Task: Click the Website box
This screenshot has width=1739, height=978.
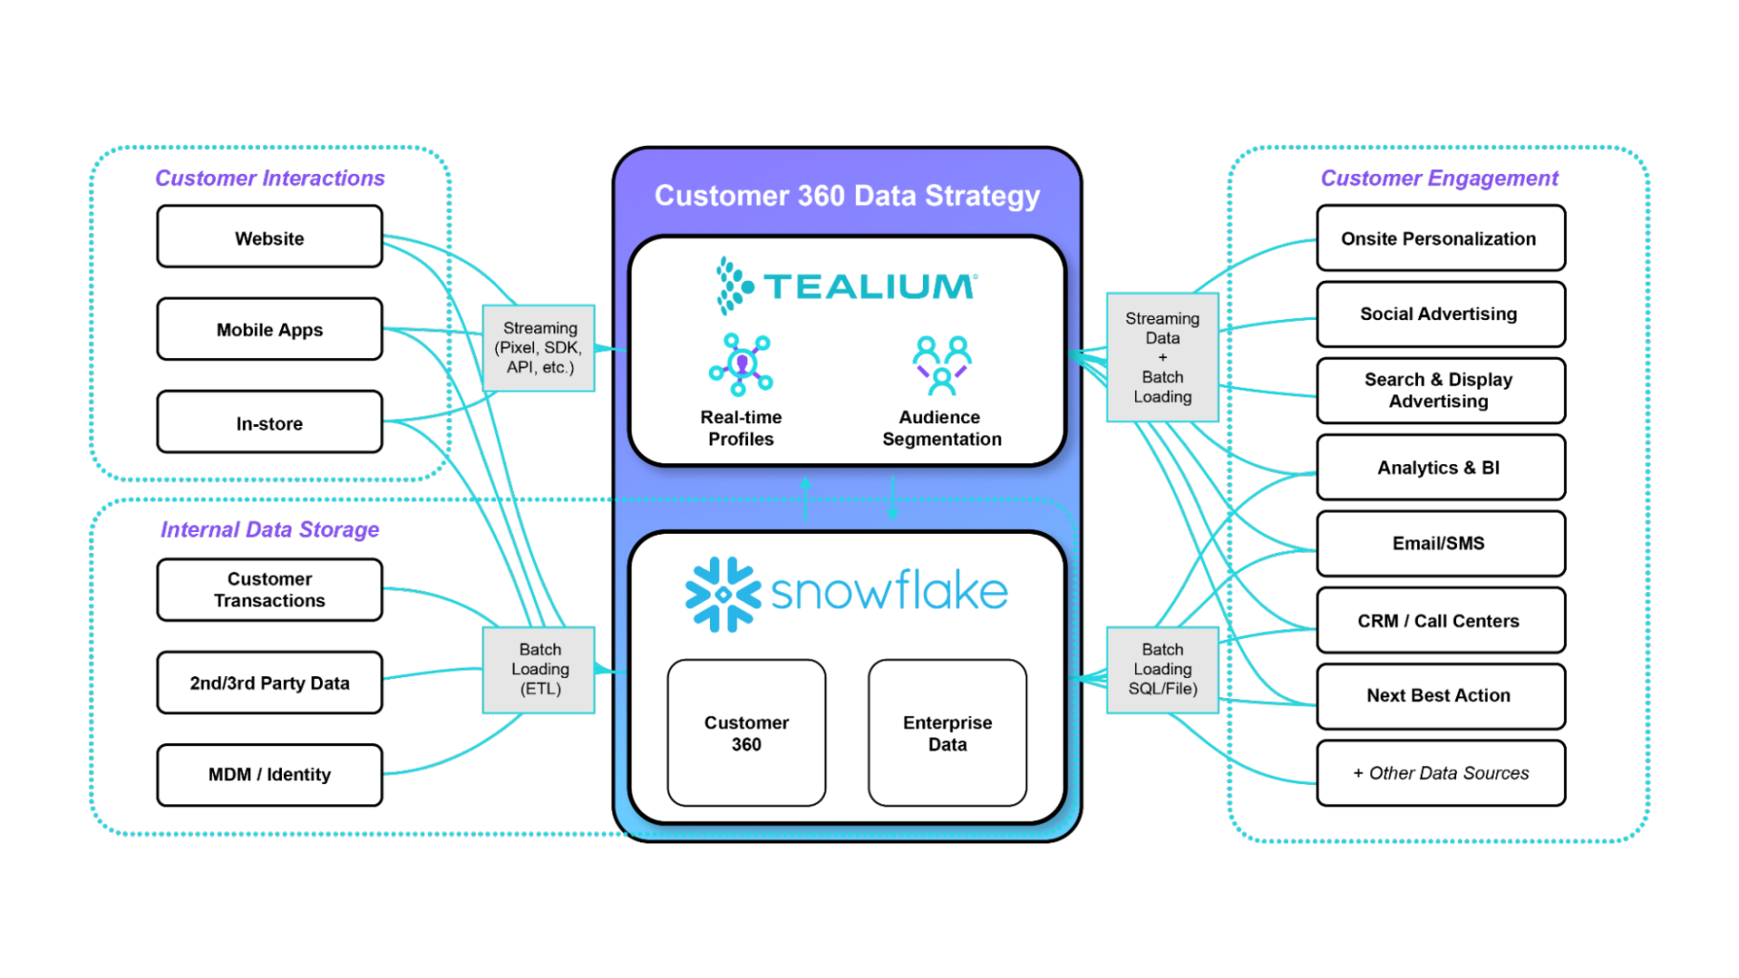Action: [269, 237]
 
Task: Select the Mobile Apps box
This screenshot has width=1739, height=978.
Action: [269, 330]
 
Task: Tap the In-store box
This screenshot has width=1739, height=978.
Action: [269, 422]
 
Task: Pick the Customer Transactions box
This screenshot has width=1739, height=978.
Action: [269, 589]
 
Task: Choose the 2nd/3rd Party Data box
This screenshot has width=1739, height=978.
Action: [269, 682]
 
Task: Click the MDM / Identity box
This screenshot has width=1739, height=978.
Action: [269, 775]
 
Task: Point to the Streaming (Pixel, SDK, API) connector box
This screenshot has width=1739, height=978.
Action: [539, 348]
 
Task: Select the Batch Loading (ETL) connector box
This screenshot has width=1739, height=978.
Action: [539, 670]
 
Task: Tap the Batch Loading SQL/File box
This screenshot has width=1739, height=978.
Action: [1162, 670]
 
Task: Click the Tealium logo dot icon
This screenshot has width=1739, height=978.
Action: [734, 285]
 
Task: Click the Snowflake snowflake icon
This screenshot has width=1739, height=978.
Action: [722, 594]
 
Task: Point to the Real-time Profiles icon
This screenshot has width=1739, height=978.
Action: [741, 364]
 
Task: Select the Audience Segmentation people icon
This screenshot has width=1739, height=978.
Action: [942, 364]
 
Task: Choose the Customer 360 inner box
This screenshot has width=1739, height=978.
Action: [746, 733]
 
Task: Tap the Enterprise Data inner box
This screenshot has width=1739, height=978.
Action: [947, 733]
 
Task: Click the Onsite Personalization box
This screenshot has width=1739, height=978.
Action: [1440, 238]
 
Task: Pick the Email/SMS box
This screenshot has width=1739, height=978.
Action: [1440, 543]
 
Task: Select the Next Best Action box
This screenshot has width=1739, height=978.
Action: [1440, 695]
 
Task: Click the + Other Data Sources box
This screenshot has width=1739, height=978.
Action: [1440, 773]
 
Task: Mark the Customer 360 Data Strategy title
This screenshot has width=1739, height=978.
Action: [847, 196]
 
